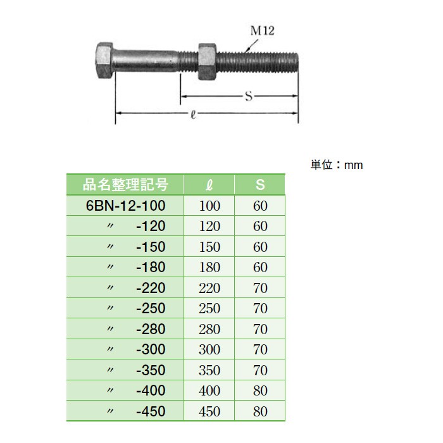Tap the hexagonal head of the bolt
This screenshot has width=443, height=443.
[x=104, y=61]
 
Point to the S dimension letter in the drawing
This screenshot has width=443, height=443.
[x=248, y=96]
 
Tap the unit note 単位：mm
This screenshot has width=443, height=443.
[x=337, y=165]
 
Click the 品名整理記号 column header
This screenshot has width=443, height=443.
[x=125, y=185]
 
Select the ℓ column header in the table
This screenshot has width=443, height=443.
[x=209, y=185]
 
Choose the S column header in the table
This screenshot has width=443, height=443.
[x=260, y=185]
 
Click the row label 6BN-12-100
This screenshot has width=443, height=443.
[x=125, y=206]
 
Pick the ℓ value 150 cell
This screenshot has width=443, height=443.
[x=209, y=247]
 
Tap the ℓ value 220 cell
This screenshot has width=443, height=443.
[x=209, y=288]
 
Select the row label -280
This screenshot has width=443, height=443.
[x=150, y=329]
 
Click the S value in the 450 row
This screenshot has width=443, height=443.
[x=260, y=411]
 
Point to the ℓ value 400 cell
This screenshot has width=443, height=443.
[x=209, y=390]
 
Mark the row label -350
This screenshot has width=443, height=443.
[x=150, y=370]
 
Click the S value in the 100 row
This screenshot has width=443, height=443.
[x=260, y=206]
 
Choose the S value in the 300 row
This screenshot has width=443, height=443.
[x=260, y=349]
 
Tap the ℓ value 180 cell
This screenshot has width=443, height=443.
[x=209, y=267]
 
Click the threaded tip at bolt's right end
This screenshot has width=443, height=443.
[x=292, y=62]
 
